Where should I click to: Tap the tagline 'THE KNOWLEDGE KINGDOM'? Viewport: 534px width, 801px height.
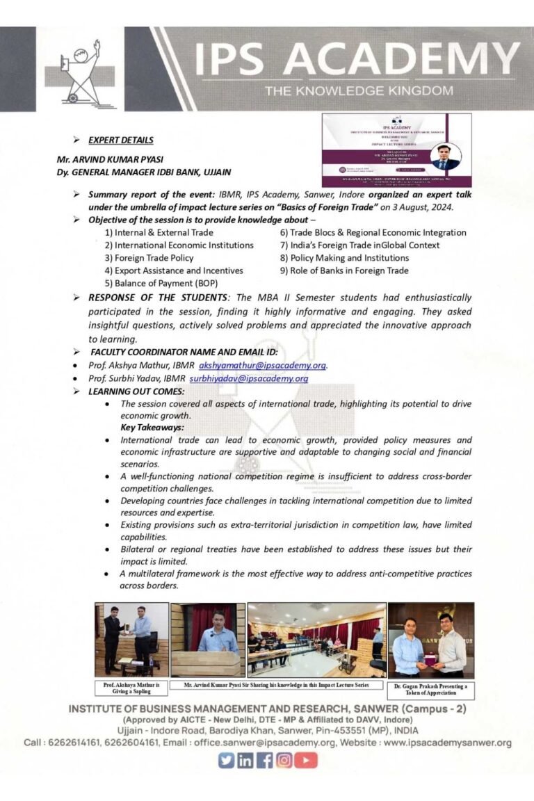click(x=358, y=90)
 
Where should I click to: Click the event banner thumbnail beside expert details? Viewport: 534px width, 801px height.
click(x=396, y=150)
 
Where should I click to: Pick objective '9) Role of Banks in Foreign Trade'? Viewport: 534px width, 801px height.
click(x=344, y=270)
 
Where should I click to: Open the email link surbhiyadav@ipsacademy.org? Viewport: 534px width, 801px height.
click(x=248, y=378)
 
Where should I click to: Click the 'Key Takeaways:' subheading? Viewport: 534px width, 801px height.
click(x=152, y=427)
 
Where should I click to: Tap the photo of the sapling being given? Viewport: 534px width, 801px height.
click(x=131, y=639)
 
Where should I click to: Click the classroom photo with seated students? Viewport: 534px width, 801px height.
click(x=316, y=639)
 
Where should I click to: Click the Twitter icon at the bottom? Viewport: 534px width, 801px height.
click(x=227, y=760)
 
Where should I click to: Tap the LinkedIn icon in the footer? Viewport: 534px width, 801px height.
click(x=246, y=760)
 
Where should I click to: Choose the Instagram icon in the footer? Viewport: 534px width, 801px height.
click(x=284, y=760)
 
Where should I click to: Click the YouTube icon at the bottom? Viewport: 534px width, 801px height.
click(x=305, y=760)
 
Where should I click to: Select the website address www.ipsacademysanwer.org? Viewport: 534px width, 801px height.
click(x=447, y=743)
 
